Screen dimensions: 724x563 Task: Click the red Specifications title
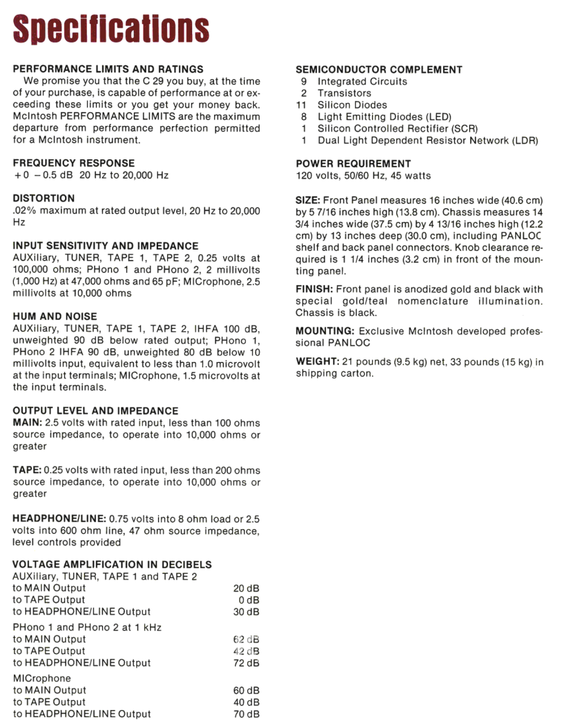coord(112,28)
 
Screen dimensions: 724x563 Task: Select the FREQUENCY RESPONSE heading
coord(74,164)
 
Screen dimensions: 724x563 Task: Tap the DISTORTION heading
coord(44,198)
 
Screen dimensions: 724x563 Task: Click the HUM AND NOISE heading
coord(55,317)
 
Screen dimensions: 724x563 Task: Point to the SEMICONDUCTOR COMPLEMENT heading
coord(379,70)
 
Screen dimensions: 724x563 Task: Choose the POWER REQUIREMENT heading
coord(353,164)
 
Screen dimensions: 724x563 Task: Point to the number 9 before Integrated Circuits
coord(304,81)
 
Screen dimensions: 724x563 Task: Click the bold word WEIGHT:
coord(317,362)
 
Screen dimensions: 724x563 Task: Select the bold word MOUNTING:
coord(324,331)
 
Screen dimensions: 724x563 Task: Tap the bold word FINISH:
coord(314,290)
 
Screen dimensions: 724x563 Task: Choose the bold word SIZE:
coord(308,200)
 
